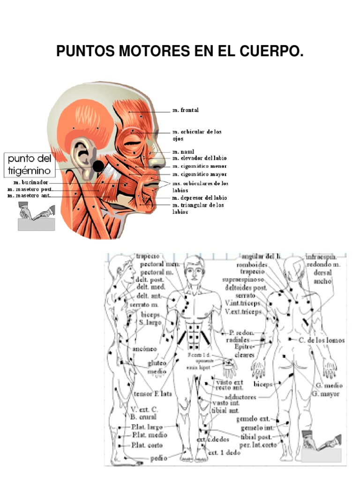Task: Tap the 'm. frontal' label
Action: coord(185,110)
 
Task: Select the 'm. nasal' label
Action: coord(183,152)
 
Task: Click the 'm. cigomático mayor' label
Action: coord(199,174)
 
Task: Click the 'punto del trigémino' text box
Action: coord(30,164)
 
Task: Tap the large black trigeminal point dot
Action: coord(98,166)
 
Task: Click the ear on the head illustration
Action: coord(84,159)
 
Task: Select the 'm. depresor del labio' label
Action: coord(199,198)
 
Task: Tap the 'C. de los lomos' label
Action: coord(322,340)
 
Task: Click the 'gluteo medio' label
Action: coord(157,367)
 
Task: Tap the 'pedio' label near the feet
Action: coord(158,459)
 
